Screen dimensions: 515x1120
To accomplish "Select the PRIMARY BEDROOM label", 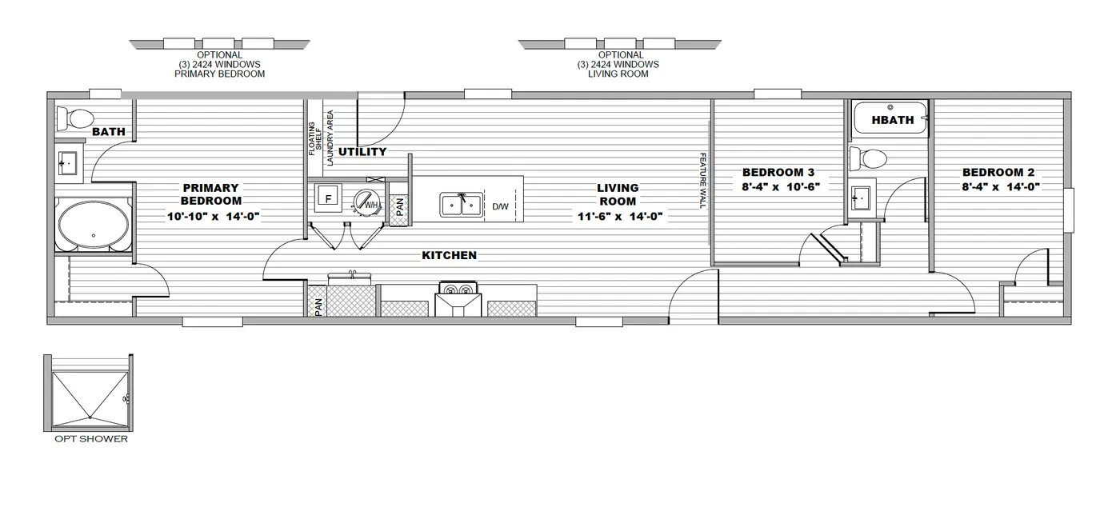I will (210, 194).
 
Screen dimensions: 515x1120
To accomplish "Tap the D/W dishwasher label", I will (500, 206).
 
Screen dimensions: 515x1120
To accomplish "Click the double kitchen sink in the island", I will (461, 204).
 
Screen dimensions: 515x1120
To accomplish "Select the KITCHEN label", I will (449, 255).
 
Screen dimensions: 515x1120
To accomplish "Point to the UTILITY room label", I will (362, 152).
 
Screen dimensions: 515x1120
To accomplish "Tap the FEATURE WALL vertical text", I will (703, 181).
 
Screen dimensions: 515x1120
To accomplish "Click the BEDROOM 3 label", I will (778, 172).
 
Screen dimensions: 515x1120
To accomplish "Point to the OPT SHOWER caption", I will (90, 439).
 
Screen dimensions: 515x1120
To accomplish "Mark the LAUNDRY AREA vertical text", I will (330, 138).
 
